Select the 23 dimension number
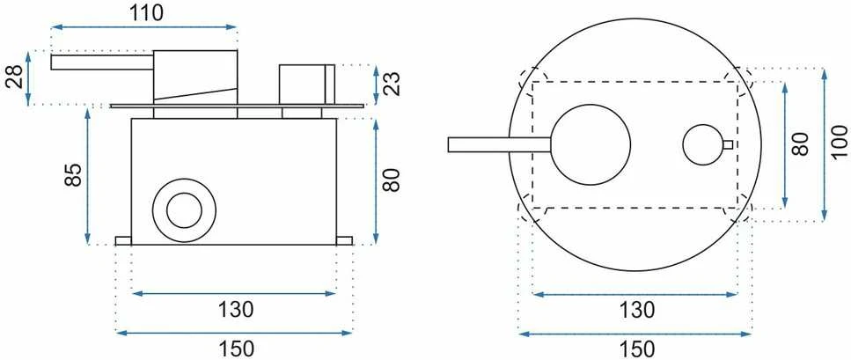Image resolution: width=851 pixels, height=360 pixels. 393,83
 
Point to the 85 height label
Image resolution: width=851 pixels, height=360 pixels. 73,174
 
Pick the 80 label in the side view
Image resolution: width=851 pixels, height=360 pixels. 392,180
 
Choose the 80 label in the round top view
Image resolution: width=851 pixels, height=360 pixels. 801,144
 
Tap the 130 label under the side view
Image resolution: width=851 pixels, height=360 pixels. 236,310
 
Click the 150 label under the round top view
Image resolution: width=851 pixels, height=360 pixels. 635,348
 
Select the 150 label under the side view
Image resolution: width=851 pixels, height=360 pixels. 236,348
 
